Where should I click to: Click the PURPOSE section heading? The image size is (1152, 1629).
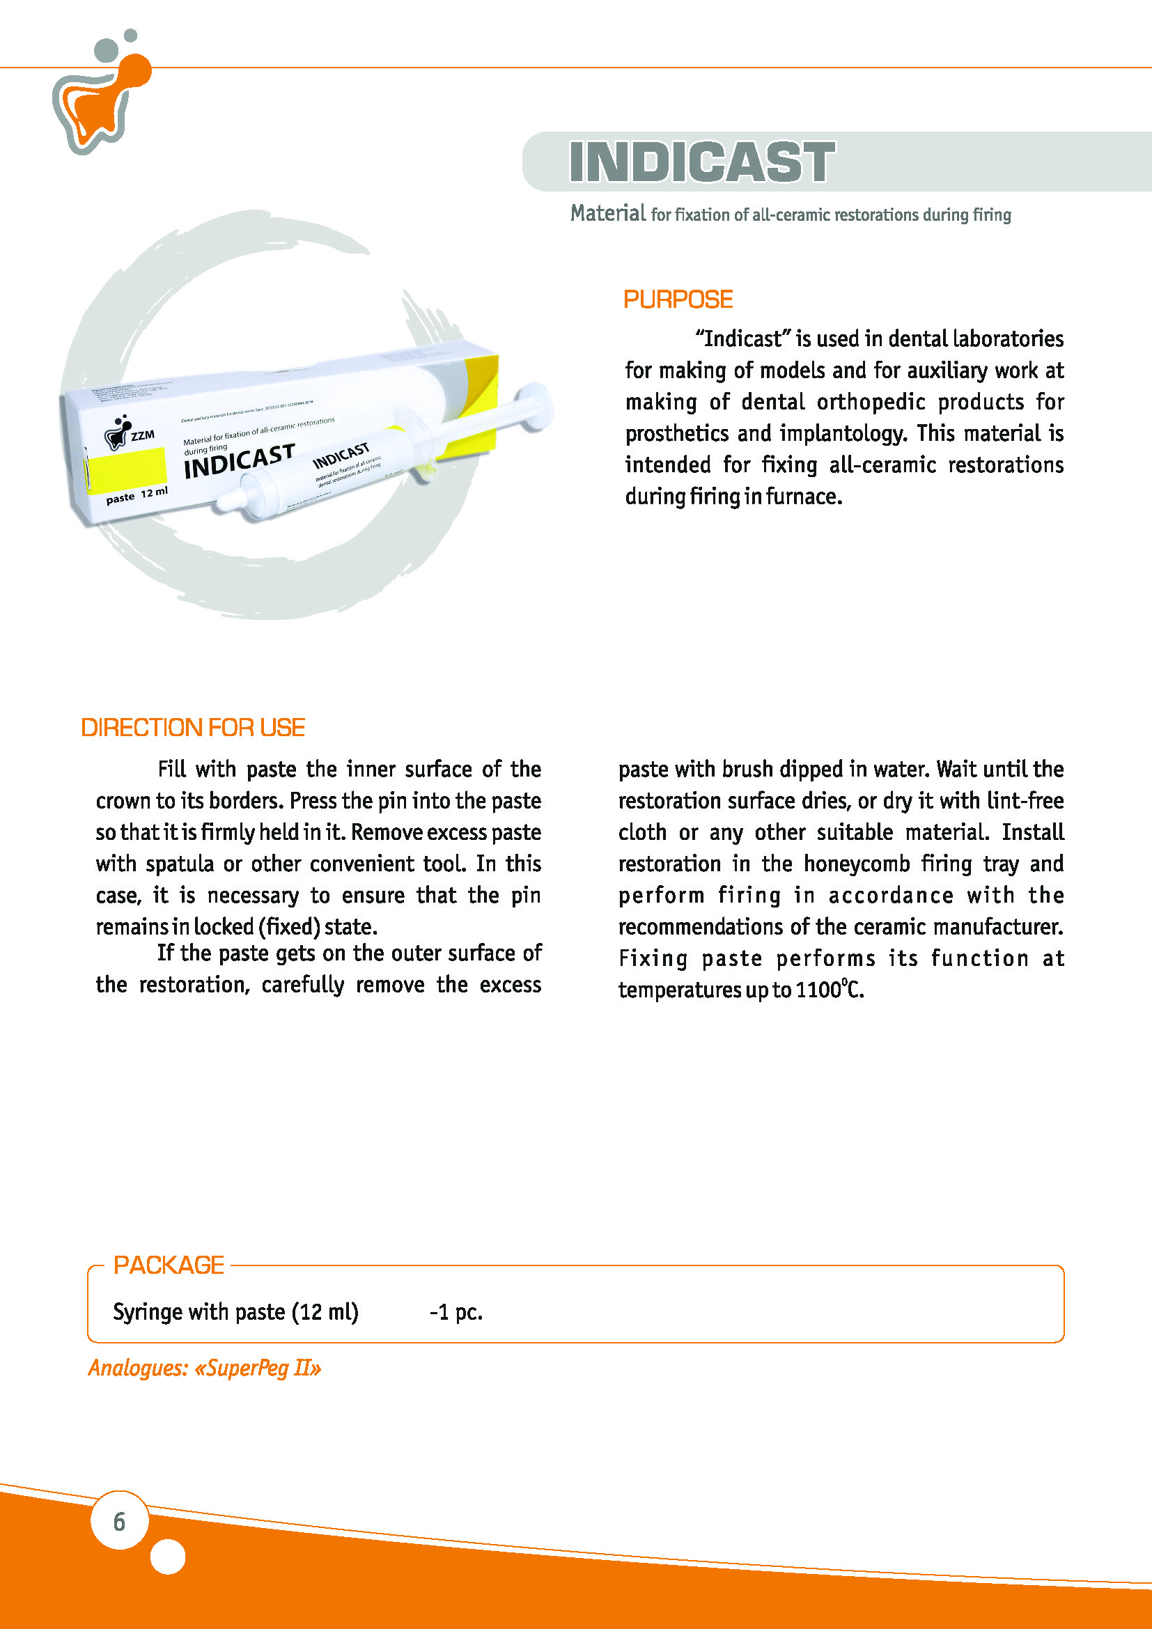[x=678, y=299]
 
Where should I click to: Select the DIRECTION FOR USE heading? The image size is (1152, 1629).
[x=193, y=727]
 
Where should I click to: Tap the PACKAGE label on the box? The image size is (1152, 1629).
[x=169, y=1265]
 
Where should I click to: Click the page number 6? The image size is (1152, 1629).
[x=119, y=1521]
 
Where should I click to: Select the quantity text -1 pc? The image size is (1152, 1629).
[x=456, y=1312]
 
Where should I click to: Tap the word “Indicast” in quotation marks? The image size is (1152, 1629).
[x=742, y=338]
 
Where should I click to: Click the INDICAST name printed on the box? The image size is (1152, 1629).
[x=239, y=461]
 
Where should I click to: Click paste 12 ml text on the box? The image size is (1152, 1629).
[x=137, y=494]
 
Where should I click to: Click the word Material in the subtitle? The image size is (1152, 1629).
[x=608, y=213]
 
